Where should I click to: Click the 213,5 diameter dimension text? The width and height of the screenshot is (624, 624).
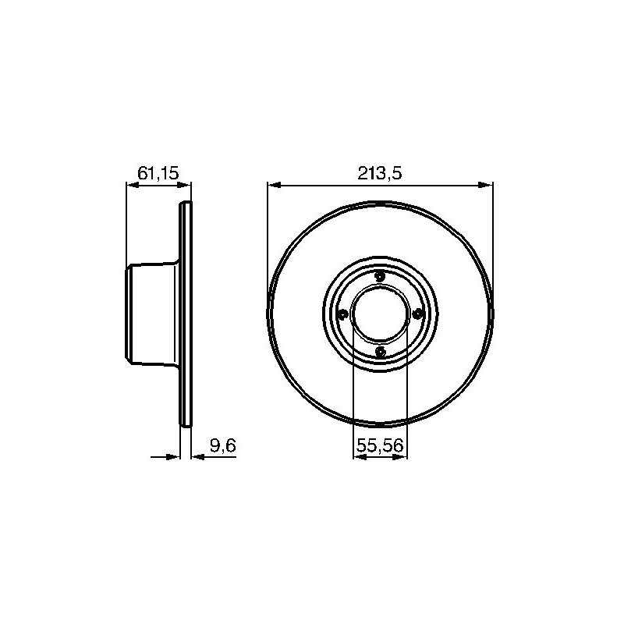point(379,173)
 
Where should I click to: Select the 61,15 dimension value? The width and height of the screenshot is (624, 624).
point(158,173)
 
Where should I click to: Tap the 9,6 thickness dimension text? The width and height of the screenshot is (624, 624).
point(223,445)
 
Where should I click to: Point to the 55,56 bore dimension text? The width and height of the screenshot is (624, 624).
point(380,445)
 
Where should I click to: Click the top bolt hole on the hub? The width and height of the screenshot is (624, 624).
point(381,276)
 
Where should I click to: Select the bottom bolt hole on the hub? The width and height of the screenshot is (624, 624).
point(381,352)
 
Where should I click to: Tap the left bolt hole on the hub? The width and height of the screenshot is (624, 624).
point(342,314)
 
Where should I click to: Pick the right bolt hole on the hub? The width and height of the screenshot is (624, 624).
point(417,314)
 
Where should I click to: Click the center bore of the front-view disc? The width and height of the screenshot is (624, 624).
point(381,314)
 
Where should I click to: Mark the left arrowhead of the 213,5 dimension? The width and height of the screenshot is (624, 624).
point(275,185)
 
